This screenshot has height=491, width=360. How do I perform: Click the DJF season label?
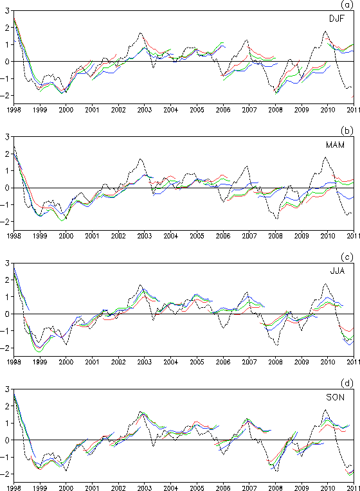tap(336, 19)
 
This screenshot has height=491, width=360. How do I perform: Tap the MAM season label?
tap(335, 145)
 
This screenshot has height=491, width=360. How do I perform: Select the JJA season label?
tap(337, 271)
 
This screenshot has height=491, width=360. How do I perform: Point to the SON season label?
tap(335, 397)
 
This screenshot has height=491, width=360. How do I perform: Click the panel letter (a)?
tap(347, 4)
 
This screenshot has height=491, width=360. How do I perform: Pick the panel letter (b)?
tap(347, 130)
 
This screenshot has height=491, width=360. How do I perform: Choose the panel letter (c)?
tap(347, 257)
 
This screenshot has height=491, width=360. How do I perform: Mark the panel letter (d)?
tap(347, 383)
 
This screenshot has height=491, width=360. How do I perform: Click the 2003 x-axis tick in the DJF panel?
tap(145, 110)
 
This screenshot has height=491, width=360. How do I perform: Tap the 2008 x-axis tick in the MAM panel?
tap(275, 236)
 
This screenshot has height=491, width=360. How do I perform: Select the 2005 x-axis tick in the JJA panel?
tap(197, 362)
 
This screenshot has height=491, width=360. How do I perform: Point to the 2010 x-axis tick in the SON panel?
tap(327, 488)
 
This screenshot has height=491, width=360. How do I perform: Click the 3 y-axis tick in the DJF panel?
tap(7, 11)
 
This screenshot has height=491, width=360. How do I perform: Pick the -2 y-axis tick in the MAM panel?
tap(6, 222)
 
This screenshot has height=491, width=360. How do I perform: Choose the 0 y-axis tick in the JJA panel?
tap(7, 314)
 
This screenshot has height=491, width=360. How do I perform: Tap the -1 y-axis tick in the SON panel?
tap(6, 457)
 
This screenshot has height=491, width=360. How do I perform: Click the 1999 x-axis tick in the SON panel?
tap(40, 488)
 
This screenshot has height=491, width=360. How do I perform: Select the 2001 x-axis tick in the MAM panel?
tap(92, 236)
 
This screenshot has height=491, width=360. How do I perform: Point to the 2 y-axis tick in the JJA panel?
tap(7, 280)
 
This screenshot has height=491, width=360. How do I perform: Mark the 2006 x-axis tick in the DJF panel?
tap(223, 110)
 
